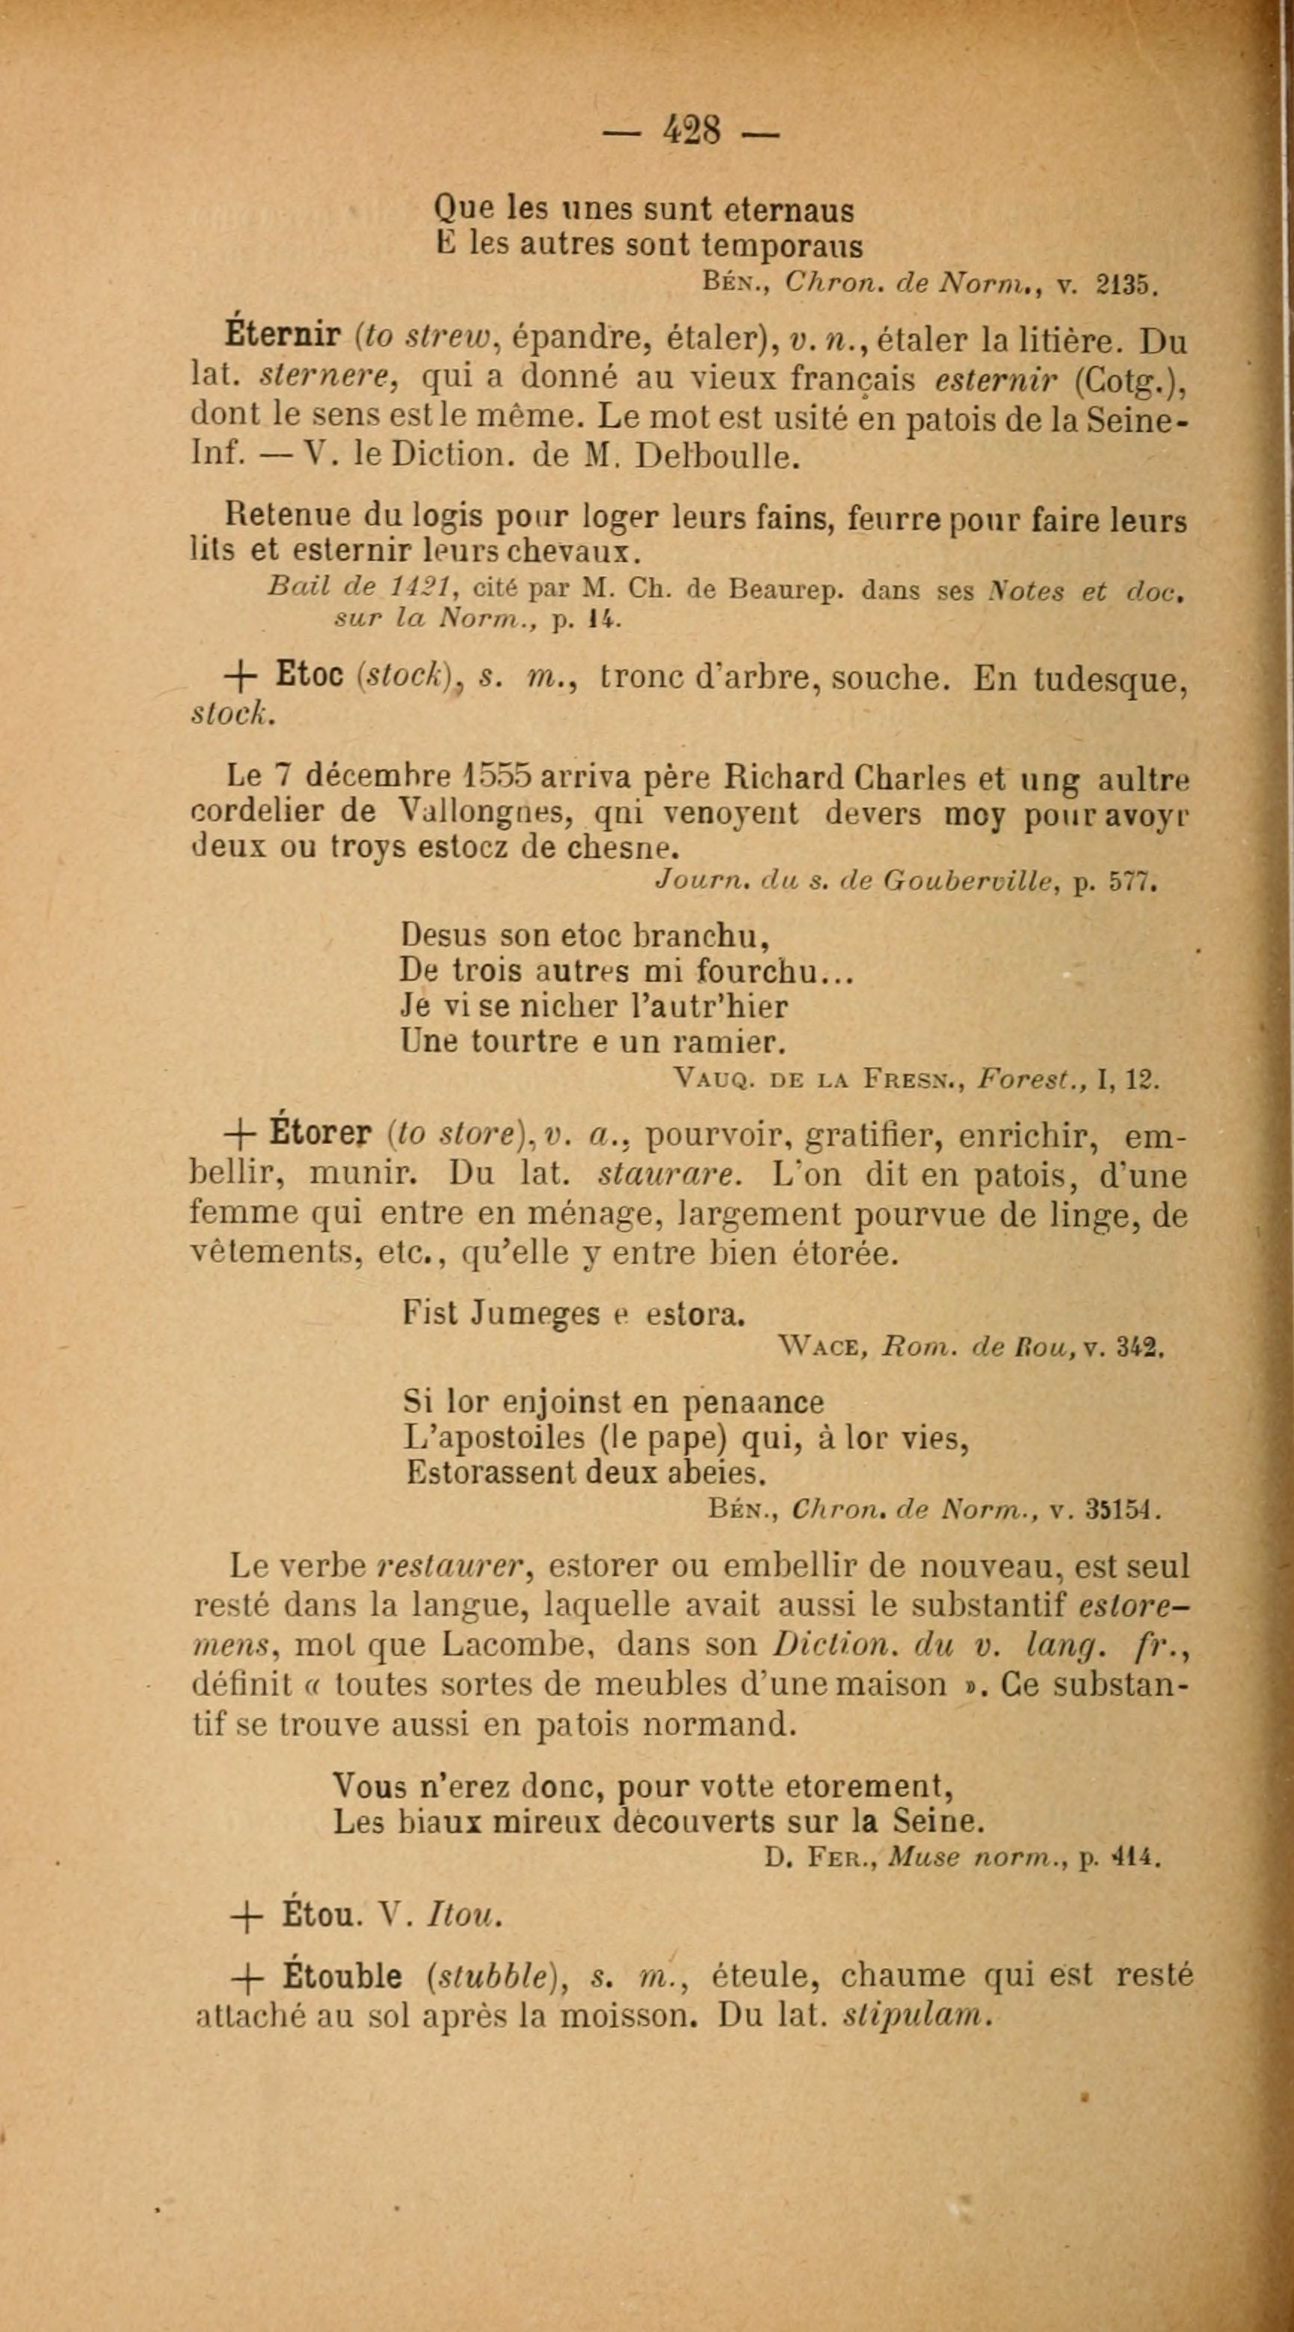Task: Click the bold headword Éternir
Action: click(281, 338)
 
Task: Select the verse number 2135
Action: click(1126, 285)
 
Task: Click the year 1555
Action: click(496, 777)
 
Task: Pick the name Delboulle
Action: click(717, 457)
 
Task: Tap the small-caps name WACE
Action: click(819, 1348)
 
